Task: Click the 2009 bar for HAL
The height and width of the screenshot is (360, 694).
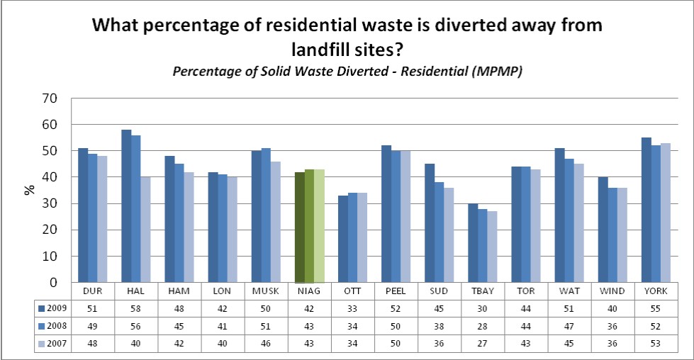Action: (x=126, y=206)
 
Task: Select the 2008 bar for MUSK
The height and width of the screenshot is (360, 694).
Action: (x=266, y=215)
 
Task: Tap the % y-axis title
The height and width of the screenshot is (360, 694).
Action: (x=30, y=190)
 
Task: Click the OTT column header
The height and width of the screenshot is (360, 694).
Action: (x=352, y=291)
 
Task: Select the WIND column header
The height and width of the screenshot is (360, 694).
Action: (x=613, y=291)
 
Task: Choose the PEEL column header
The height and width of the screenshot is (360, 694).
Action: (x=396, y=291)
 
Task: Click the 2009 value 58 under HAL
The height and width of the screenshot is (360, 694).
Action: (x=136, y=308)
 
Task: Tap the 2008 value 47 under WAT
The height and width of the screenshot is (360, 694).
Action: (x=569, y=325)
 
